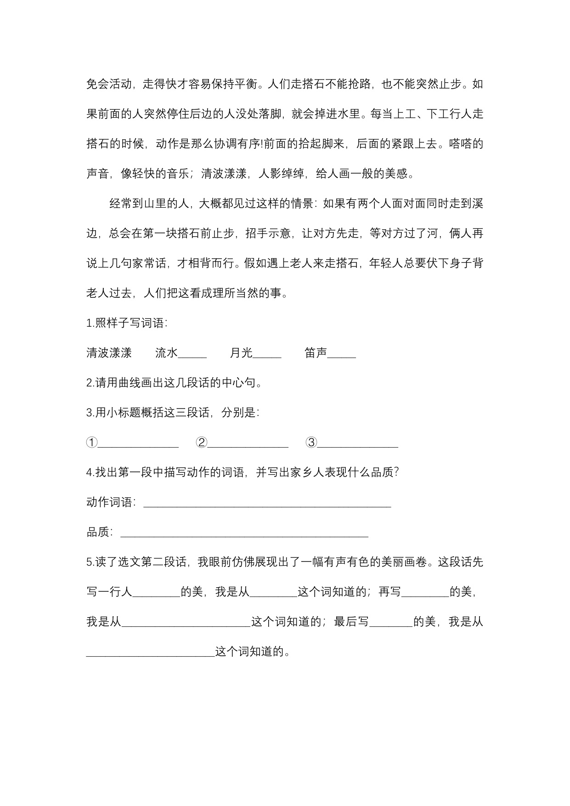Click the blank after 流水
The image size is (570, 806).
192,354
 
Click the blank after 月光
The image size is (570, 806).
267,354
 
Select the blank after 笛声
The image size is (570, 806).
342,354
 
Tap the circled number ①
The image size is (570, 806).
92,443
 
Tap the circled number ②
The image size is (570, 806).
201,443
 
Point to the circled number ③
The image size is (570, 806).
311,443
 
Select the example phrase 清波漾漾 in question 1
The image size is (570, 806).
109,353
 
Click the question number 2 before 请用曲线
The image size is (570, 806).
90,383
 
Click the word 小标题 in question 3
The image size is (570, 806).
124,413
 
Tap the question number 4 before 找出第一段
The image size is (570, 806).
90,472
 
